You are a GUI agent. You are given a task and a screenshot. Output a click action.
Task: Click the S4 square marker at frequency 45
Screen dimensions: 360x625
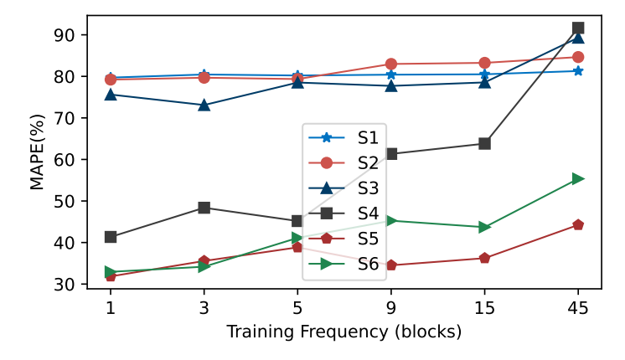coord(578,28)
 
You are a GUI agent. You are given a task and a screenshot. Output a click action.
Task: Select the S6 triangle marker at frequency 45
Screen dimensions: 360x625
coord(578,178)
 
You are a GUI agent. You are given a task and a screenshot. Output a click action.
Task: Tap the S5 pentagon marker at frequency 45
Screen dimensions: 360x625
coord(578,224)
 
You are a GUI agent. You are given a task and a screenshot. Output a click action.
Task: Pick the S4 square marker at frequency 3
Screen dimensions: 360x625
coord(204,208)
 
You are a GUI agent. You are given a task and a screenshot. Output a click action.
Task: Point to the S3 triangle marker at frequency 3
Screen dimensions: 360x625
coord(204,105)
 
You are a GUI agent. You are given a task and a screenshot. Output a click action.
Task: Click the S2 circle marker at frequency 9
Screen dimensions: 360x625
coord(391,64)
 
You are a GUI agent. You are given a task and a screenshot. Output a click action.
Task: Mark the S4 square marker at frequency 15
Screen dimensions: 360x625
coord(484,143)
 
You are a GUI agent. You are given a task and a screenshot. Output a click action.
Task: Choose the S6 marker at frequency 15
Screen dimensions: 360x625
coord(484,227)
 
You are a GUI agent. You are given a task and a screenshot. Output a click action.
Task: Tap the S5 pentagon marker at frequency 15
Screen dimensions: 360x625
coord(484,258)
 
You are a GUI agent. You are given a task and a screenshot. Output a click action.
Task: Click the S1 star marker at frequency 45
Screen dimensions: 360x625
coord(578,70)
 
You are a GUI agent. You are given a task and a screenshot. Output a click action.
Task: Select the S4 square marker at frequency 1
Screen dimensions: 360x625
coord(110,237)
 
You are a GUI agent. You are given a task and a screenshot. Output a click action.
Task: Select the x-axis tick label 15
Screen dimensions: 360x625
coord(484,307)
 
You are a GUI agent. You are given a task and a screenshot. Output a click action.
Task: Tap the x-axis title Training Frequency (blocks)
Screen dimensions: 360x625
coord(344,332)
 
